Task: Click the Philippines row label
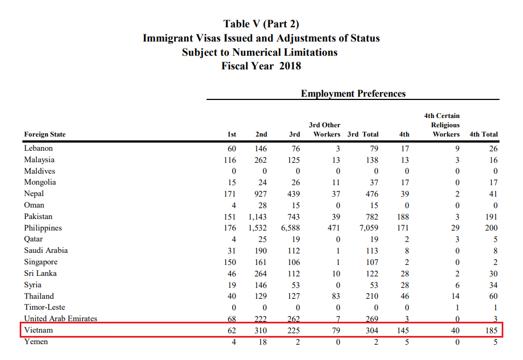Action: click(x=43, y=228)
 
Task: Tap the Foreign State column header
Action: click(x=45, y=134)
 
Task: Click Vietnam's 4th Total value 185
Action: click(x=490, y=331)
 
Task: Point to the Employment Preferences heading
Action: click(x=353, y=93)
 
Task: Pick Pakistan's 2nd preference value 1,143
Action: click(x=257, y=216)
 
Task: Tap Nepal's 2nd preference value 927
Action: click(x=261, y=194)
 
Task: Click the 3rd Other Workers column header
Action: click(x=325, y=129)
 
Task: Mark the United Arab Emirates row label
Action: click(x=60, y=319)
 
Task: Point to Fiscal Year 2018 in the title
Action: click(x=261, y=66)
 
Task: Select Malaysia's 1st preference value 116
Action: click(x=230, y=160)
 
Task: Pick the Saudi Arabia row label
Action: click(x=46, y=251)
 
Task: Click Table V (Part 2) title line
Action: click(x=261, y=24)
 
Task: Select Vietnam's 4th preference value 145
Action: click(x=402, y=331)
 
